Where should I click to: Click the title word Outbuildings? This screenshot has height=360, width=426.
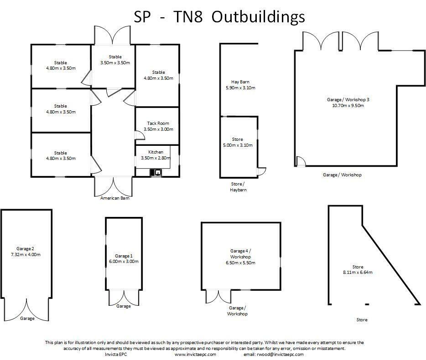click(x=259, y=17)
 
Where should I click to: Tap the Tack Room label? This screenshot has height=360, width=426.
click(x=158, y=123)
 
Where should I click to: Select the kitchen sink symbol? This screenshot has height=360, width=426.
click(x=156, y=172)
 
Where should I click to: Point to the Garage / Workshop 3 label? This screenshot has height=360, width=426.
click(x=348, y=99)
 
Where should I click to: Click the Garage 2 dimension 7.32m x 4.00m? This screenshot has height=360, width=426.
click(x=26, y=255)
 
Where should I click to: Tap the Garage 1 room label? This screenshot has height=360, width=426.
click(x=124, y=256)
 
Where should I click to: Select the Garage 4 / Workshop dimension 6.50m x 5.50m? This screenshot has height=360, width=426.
click(x=240, y=263)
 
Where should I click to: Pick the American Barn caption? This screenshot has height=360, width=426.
click(x=113, y=198)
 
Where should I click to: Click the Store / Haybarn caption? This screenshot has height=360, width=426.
click(x=238, y=187)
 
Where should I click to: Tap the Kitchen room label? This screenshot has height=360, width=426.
click(x=156, y=152)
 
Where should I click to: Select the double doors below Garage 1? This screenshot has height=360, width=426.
click(x=123, y=297)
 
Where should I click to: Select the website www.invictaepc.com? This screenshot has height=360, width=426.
click(x=195, y=354)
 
